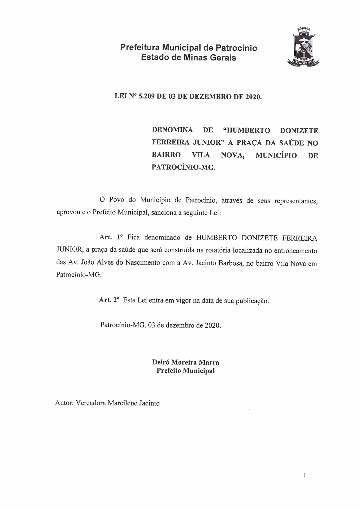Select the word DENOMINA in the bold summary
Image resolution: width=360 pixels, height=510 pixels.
pyautogui.click(x=172, y=130)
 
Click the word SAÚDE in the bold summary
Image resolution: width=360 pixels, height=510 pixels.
pyautogui.click(x=291, y=143)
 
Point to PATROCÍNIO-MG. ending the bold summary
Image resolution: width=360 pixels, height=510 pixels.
pyautogui.click(x=183, y=167)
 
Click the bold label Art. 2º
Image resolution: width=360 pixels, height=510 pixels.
pyautogui.click(x=109, y=300)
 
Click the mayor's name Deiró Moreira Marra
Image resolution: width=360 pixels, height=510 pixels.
pyautogui.click(x=186, y=362)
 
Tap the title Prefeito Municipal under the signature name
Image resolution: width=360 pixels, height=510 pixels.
pyautogui.click(x=186, y=371)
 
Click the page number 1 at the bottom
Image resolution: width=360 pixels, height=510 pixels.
pyautogui.click(x=305, y=475)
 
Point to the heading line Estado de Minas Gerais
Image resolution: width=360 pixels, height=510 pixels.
pyautogui.click(x=188, y=57)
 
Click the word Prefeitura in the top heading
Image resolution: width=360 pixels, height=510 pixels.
pyautogui.click(x=140, y=47)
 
